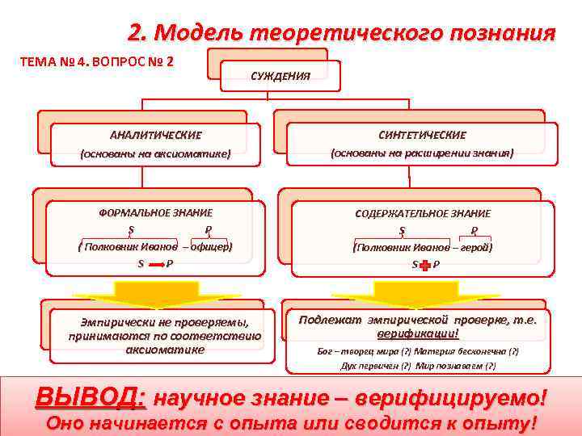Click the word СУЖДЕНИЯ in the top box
click(x=280, y=77)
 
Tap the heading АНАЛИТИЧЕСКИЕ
click(x=155, y=135)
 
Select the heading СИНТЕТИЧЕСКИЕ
click(x=422, y=135)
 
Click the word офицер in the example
click(x=213, y=247)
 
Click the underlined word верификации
click(x=417, y=333)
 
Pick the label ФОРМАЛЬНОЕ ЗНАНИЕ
click(x=156, y=212)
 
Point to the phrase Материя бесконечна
click(x=461, y=351)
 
